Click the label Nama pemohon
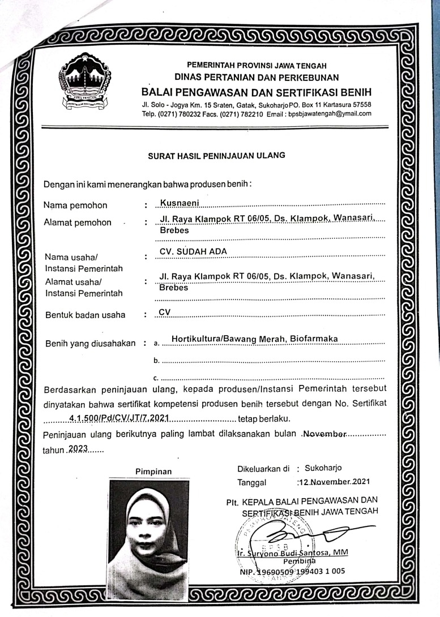pyautogui.click(x=75, y=205)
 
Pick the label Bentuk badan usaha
pyautogui.click(x=85, y=315)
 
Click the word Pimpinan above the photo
pyautogui.click(x=153, y=471)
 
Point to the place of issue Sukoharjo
pyautogui.click(x=322, y=468)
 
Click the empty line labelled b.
pyautogui.click(x=272, y=360)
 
